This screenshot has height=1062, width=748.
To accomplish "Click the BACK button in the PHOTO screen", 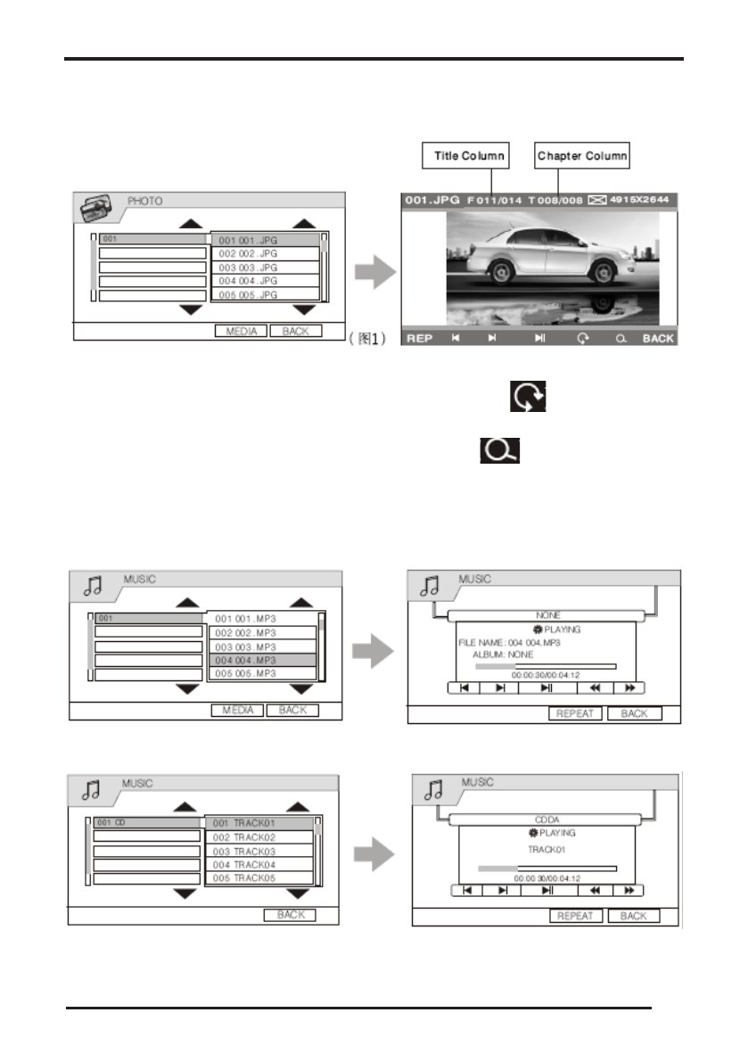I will point(295,331).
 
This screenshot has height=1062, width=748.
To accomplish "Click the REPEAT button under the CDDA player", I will point(575,916).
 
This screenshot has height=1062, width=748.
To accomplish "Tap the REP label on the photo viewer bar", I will point(419,339).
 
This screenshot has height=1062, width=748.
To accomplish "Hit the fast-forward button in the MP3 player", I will point(629,687).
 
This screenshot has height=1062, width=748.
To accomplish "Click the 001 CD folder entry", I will point(147,822).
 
